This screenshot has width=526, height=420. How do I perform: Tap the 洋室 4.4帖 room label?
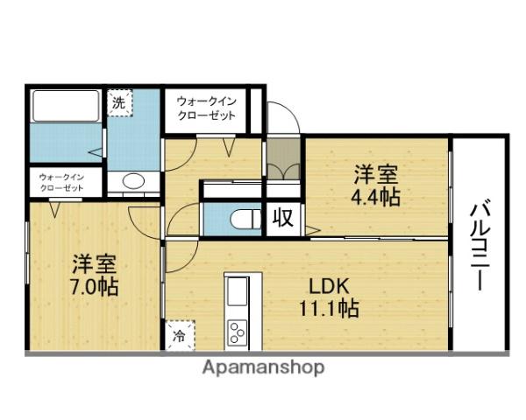[377, 185]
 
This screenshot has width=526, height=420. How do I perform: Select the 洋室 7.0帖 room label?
[95, 274]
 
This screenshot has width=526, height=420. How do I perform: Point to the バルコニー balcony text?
[480, 245]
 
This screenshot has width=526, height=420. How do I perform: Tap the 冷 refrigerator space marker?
[180, 334]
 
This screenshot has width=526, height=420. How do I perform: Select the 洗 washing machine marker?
[118, 102]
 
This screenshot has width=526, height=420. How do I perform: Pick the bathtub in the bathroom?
[67, 108]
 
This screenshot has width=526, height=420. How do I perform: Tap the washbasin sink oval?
[133, 182]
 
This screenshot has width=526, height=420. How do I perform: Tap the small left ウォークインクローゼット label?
[59, 181]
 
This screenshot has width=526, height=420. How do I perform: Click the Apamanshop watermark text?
[264, 367]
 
